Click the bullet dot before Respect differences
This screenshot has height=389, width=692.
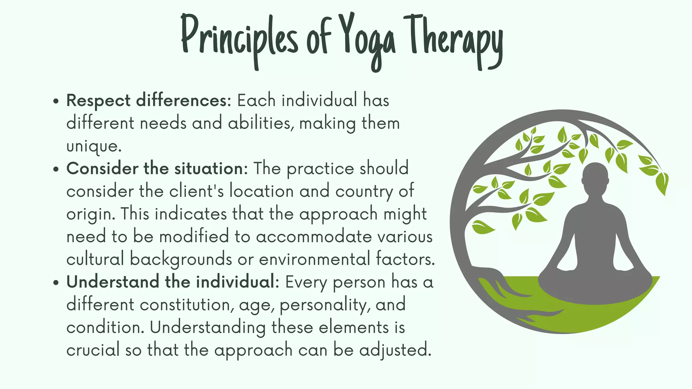click(x=56, y=101)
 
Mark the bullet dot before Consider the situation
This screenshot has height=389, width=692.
click(x=56, y=169)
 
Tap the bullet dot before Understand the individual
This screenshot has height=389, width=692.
click(x=56, y=283)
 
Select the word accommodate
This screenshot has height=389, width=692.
click(x=314, y=236)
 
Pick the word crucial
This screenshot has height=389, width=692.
click(x=93, y=350)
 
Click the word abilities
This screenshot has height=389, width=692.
click(x=259, y=123)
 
